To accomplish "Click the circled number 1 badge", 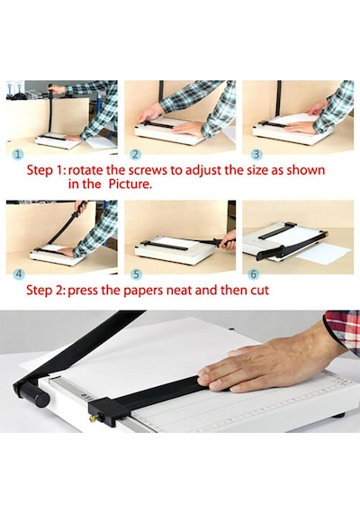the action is point(18,155).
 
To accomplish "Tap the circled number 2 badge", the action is point(135,155).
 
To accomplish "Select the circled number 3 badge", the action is point(257,155).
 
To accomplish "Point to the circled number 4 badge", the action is point(19,274).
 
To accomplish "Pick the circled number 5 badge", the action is point(136,274).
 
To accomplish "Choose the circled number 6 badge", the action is point(254,274).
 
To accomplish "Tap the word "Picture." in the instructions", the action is point(130,184).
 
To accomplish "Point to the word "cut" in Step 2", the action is point(259,291).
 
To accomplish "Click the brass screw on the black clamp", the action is point(94,418).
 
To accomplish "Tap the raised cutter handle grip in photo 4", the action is point(80,208).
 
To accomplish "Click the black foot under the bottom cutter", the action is point(338,416).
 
